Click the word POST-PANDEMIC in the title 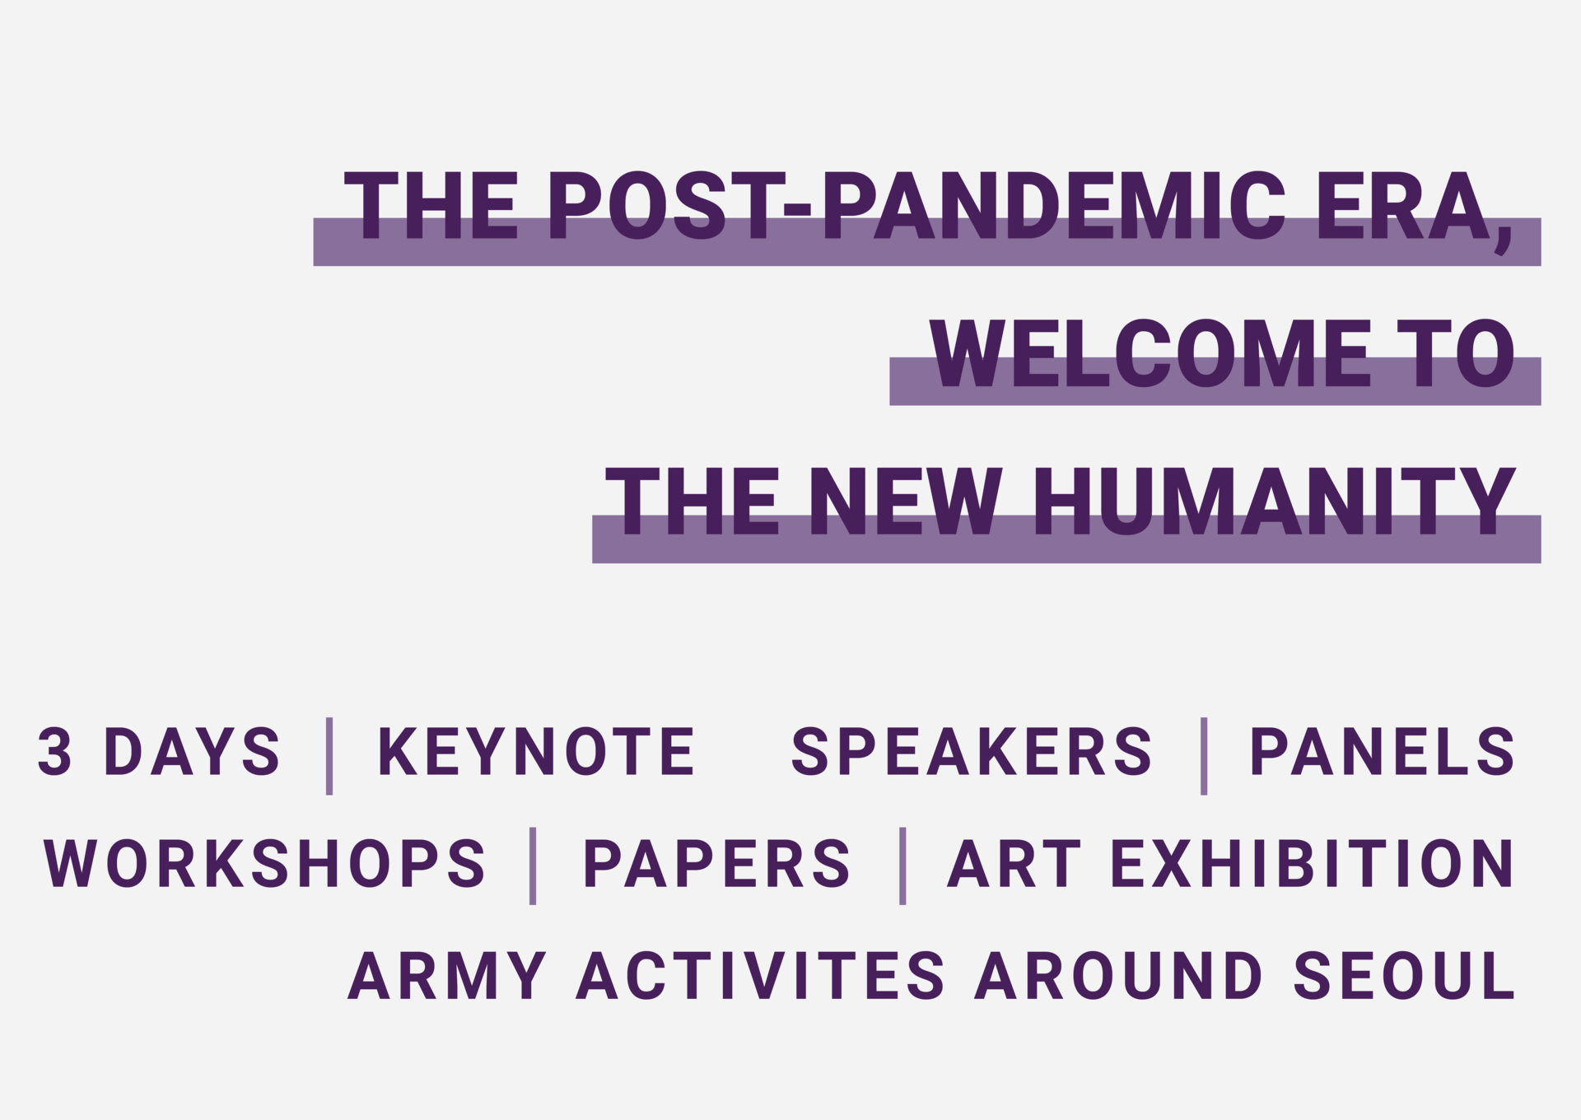(x=916, y=206)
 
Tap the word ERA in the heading (x=1406, y=206)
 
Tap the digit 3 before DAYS (x=54, y=751)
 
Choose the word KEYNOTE (x=536, y=751)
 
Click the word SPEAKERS (x=972, y=751)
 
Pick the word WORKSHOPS (x=264, y=863)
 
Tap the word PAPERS (x=716, y=863)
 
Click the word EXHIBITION (x=1313, y=863)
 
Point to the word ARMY (x=447, y=975)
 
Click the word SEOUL (x=1405, y=975)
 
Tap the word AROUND (x=1119, y=975)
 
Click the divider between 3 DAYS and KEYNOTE (x=329, y=756)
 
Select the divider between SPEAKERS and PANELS (x=1204, y=756)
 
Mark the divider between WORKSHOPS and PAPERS (x=533, y=866)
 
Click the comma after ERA (x=1504, y=239)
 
